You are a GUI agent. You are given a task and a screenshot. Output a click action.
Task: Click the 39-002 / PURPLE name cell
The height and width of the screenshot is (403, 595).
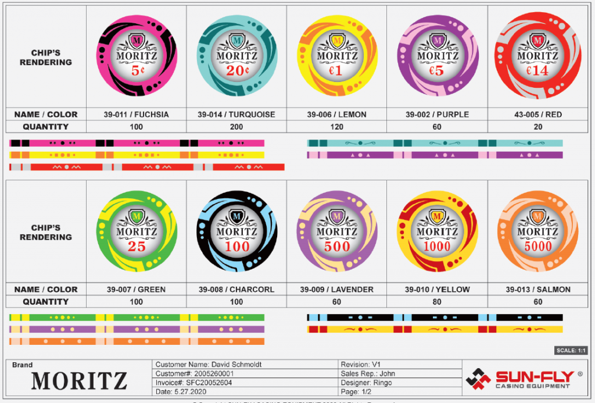[x=437, y=115]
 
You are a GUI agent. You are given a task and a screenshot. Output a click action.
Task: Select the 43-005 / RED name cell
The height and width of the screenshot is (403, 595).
[x=537, y=115]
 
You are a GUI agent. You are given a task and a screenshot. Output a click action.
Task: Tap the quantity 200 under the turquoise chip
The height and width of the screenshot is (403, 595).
[x=236, y=127]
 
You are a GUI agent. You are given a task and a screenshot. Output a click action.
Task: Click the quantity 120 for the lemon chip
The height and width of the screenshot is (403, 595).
[x=337, y=127]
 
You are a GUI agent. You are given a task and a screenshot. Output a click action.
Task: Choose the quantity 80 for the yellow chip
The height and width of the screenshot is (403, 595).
[x=437, y=302]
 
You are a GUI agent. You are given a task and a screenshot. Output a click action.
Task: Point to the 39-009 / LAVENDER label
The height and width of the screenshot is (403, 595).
[x=337, y=290]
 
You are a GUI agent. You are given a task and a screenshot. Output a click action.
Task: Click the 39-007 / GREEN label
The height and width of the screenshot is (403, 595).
[x=137, y=290]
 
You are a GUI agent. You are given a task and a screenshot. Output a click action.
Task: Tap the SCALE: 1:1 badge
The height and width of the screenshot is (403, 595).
[x=572, y=351]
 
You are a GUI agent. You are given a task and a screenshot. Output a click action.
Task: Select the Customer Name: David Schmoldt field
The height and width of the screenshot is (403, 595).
[x=209, y=365]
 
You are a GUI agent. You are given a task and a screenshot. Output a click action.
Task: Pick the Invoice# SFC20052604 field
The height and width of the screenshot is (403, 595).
[x=194, y=383]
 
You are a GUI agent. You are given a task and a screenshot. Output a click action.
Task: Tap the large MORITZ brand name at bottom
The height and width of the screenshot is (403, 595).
[x=79, y=381]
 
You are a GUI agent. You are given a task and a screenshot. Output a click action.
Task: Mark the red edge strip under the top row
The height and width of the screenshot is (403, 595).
[x=147, y=167]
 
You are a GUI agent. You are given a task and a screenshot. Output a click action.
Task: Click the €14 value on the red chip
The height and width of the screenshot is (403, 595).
[x=537, y=71]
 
